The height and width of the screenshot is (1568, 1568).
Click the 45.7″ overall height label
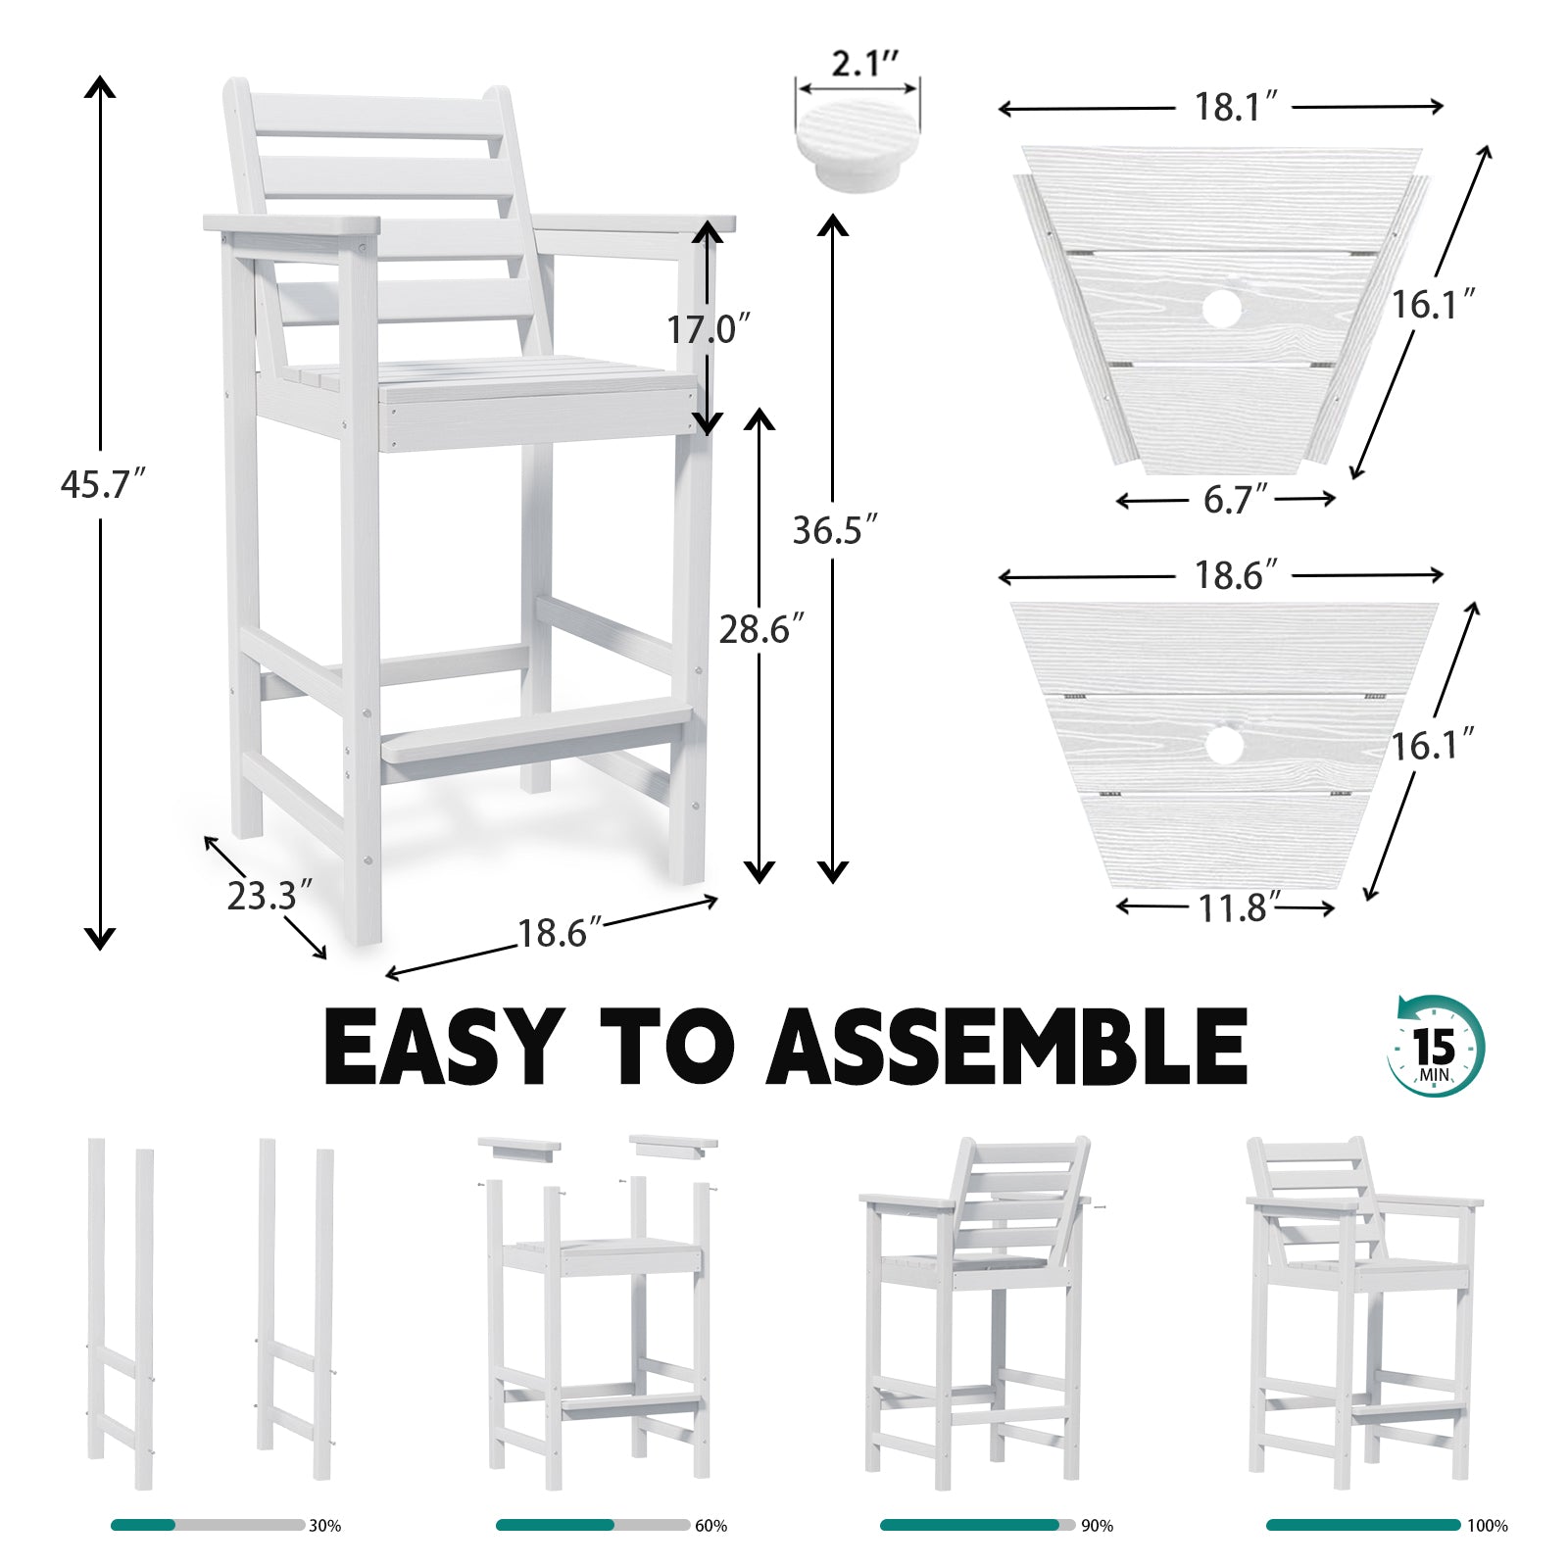[x=102, y=484]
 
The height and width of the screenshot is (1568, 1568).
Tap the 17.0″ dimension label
[x=709, y=329]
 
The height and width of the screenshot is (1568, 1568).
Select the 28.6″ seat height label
[x=761, y=629]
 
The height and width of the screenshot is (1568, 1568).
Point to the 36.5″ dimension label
[x=834, y=530]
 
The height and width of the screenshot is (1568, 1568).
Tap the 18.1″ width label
[x=1235, y=107]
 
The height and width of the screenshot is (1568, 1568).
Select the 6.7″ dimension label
[x=1235, y=500]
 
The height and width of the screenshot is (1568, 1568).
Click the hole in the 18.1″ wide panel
[x=1221, y=310]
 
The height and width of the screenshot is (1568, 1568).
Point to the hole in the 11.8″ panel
[x=1223, y=746]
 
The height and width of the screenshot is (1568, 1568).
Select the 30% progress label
[x=324, y=1526]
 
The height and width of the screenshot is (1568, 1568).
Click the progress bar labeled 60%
[x=592, y=1525]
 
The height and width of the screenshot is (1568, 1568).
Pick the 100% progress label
[x=1487, y=1526]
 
